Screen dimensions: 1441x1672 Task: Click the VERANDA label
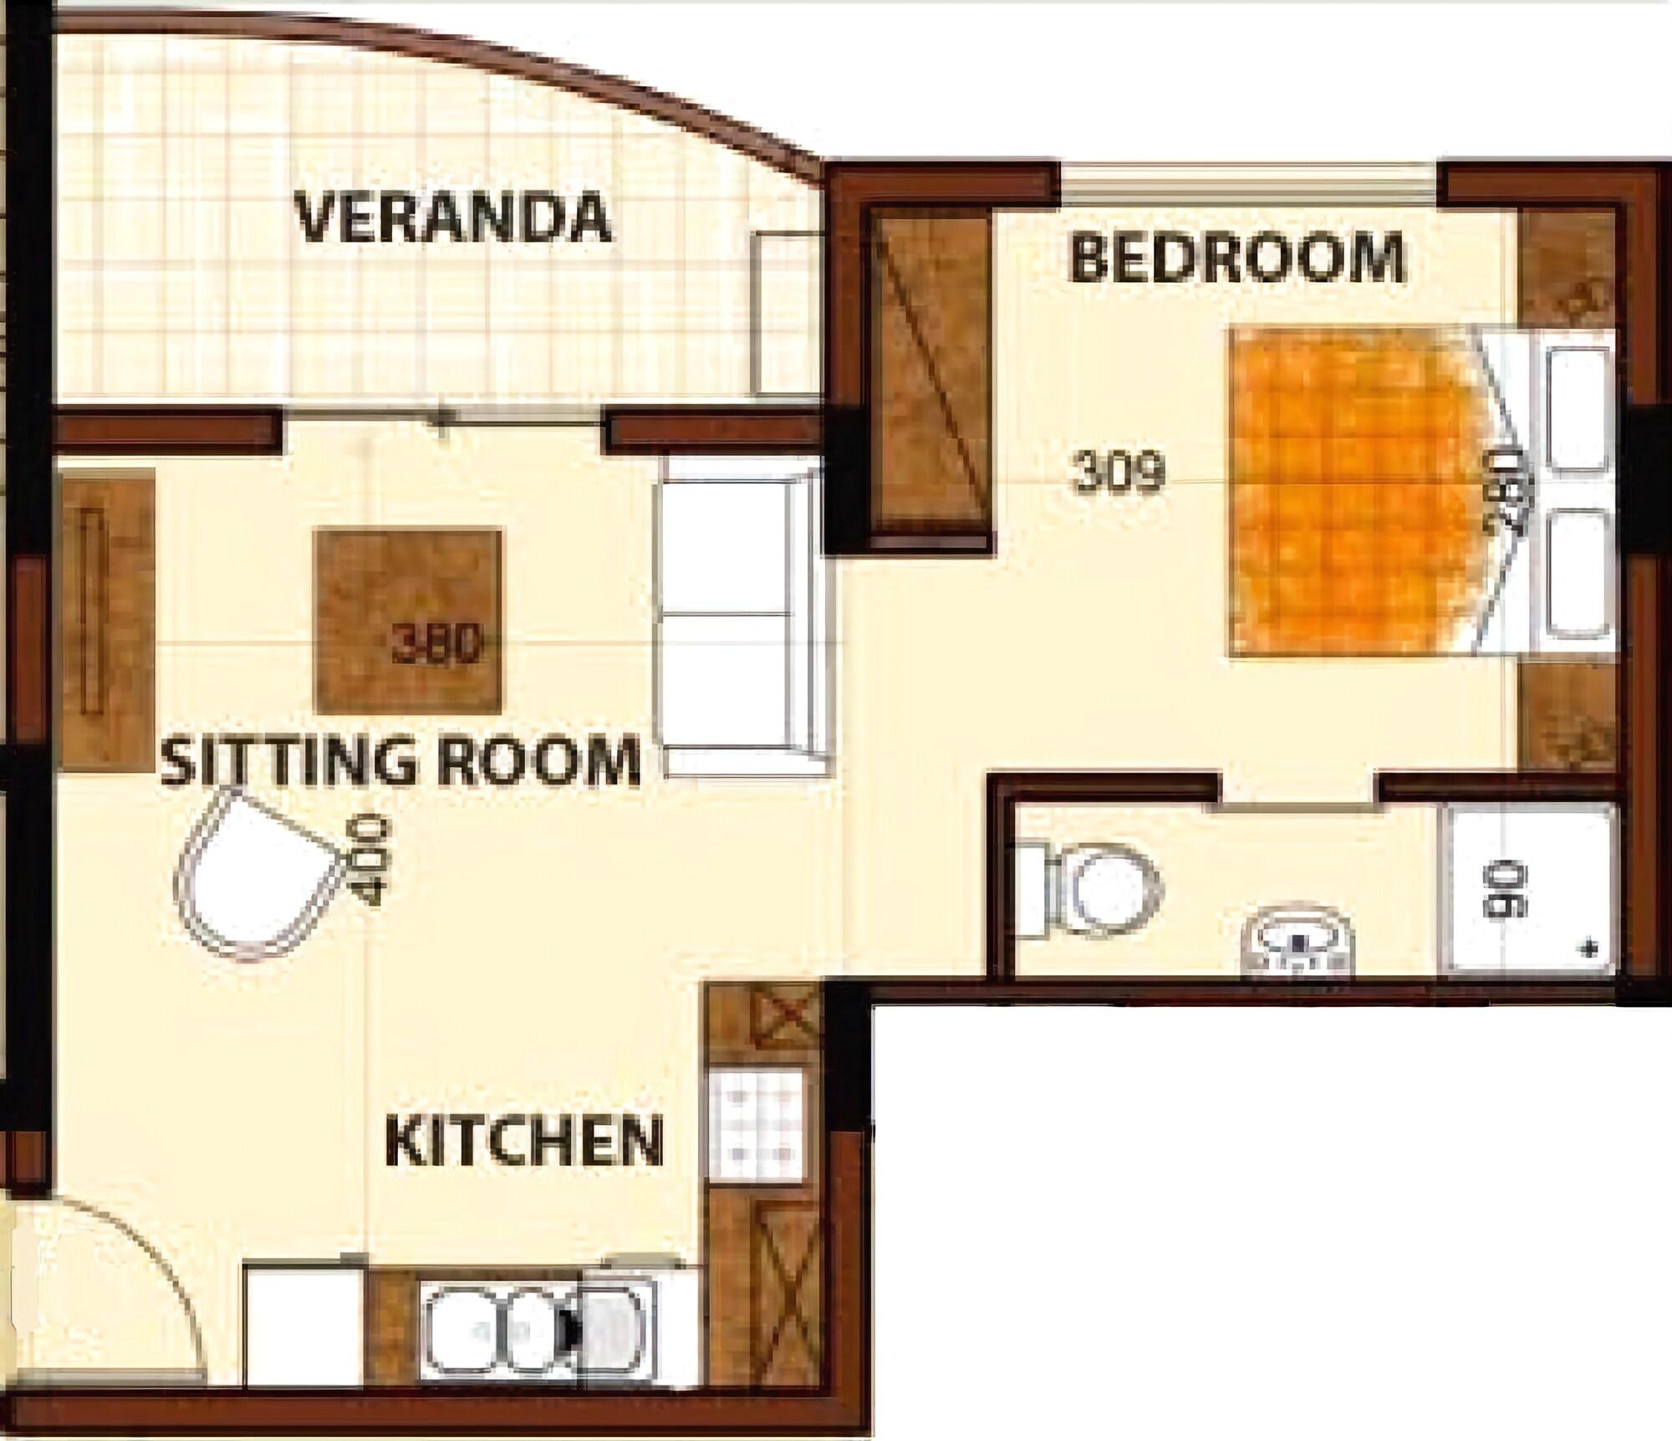pyautogui.click(x=454, y=217)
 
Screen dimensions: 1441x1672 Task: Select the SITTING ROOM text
pyautogui.click(x=400, y=759)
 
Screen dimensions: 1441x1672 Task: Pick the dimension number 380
pyautogui.click(x=438, y=644)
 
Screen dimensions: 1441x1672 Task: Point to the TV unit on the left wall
pyautogui.click(x=107, y=619)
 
